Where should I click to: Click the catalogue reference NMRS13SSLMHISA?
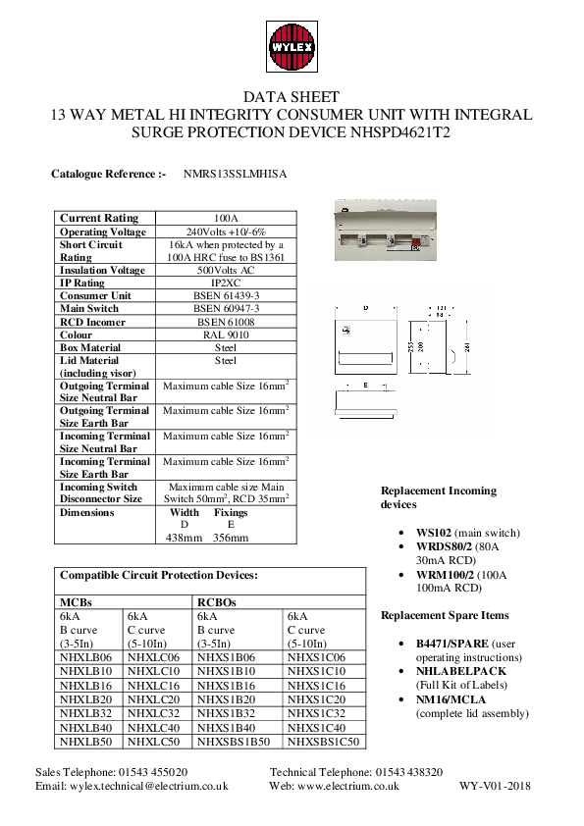click(x=235, y=174)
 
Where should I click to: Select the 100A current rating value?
click(x=226, y=218)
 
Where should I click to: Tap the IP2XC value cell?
click(x=226, y=283)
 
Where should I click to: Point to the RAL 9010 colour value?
click(x=226, y=335)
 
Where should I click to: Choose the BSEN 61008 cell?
click(x=226, y=321)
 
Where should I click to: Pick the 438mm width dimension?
click(x=184, y=538)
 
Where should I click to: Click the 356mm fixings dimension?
click(x=231, y=538)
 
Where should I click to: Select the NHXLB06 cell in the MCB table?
click(x=86, y=657)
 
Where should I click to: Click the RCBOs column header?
click(x=217, y=602)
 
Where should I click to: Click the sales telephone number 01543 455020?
click(x=153, y=773)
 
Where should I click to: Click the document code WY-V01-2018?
click(x=496, y=786)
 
